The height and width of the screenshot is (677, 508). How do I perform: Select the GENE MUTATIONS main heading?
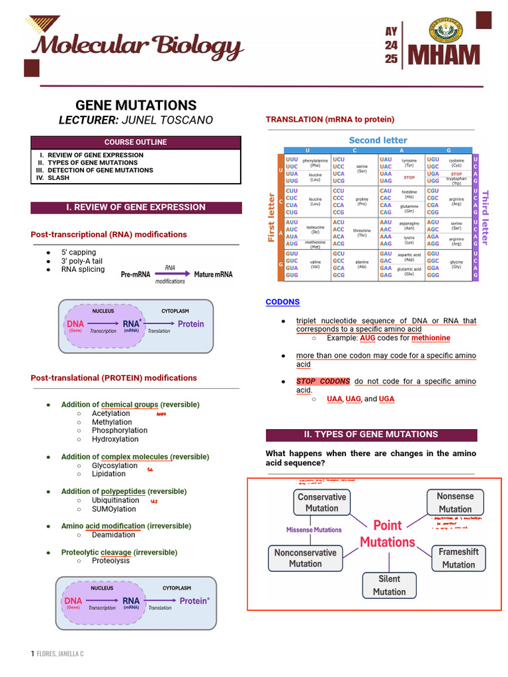click(136, 105)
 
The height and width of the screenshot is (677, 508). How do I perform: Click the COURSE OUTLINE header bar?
click(136, 142)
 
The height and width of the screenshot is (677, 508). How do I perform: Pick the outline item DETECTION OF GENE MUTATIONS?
click(100, 171)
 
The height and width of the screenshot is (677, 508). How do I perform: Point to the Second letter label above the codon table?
click(378, 140)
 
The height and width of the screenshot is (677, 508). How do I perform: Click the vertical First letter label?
click(271, 217)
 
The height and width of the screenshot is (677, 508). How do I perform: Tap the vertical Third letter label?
click(485, 217)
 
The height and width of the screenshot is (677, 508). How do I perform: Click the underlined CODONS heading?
click(282, 302)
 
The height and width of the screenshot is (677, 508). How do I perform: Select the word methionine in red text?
click(431, 338)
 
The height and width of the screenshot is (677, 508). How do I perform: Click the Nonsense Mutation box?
click(455, 502)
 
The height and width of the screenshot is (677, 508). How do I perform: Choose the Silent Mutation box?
click(389, 585)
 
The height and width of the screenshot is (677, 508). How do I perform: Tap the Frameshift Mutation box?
click(458, 558)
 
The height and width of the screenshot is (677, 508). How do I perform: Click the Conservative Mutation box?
click(321, 502)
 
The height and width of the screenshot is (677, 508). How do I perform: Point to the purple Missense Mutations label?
click(314, 530)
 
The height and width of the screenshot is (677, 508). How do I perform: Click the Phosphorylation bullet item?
click(120, 430)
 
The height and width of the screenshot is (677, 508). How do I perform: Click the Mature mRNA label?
click(213, 274)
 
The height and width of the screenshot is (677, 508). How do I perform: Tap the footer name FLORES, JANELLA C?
click(60, 654)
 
